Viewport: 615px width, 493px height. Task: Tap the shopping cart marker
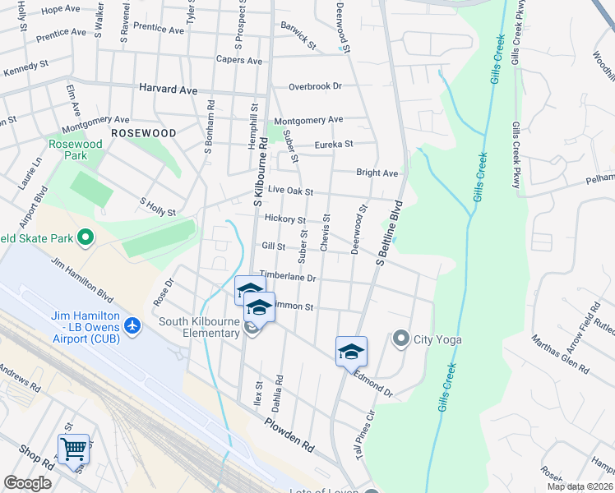pos(73,449)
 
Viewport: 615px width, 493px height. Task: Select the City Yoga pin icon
pos(401,338)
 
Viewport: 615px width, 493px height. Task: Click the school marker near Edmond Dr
pos(351,352)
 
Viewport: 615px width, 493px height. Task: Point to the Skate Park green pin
pos(85,238)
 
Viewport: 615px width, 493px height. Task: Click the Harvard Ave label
pos(169,88)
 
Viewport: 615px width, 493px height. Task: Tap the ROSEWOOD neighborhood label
pos(143,132)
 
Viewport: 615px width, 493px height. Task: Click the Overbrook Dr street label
pos(314,86)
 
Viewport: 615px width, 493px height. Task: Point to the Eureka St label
pos(333,145)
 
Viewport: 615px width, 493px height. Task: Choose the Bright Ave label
pos(377,173)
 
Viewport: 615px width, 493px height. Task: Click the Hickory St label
pos(285,220)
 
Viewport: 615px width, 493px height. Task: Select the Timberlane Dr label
pos(288,277)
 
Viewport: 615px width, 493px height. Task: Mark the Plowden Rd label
pos(289,435)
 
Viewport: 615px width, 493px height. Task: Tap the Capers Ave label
pos(238,61)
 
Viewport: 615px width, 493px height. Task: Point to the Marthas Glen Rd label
pos(558,354)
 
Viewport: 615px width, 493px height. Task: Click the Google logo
pos(27,483)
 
